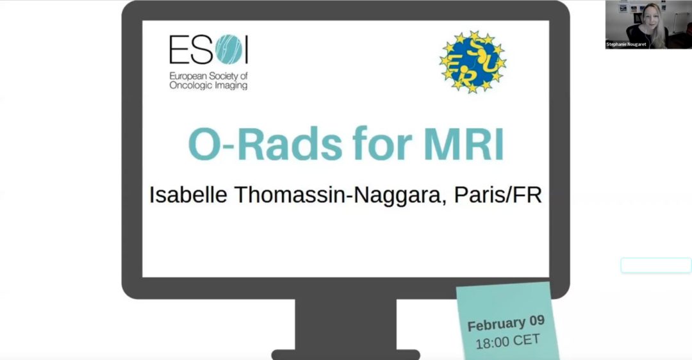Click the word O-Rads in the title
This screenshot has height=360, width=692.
pyautogui.click(x=265, y=144)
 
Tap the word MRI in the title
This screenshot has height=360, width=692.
pyautogui.click(x=464, y=144)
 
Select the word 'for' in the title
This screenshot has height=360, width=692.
pyautogui.click(x=382, y=143)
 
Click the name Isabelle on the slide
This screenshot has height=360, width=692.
pyautogui.click(x=188, y=195)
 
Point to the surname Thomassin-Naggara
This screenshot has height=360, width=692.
pyautogui.click(x=337, y=195)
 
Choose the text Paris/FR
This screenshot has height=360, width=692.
pyautogui.click(x=498, y=195)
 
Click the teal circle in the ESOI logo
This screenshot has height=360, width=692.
pyautogui.click(x=229, y=49)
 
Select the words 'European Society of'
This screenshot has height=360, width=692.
pyautogui.click(x=208, y=76)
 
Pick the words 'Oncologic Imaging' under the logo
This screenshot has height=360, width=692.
pyautogui.click(x=208, y=86)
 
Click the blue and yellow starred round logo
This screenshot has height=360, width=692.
pyautogui.click(x=473, y=61)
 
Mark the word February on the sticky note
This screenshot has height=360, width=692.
pyautogui.click(x=497, y=325)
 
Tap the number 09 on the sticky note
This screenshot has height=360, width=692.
pyautogui.click(x=537, y=321)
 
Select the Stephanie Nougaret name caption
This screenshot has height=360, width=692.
pyautogui.click(x=626, y=44)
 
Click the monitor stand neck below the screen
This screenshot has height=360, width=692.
pyautogui.click(x=345, y=324)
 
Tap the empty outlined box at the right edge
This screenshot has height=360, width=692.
pyautogui.click(x=656, y=266)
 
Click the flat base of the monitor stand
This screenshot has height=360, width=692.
pyautogui.click(x=345, y=355)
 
